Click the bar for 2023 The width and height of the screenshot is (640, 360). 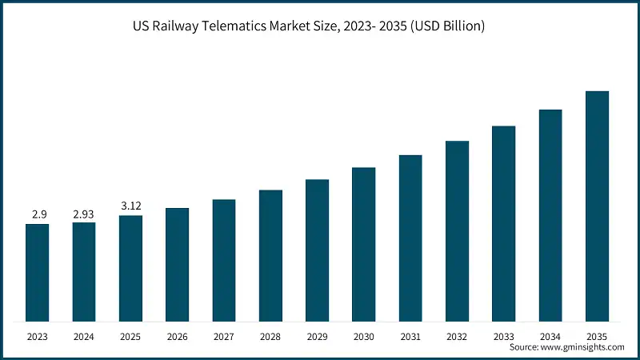(37, 273)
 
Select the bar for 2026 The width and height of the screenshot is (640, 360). (177, 265)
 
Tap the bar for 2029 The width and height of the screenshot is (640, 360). (317, 250)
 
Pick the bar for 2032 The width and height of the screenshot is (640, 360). (457, 231)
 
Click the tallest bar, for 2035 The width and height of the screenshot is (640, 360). (597, 206)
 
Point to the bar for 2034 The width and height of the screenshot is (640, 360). (550, 215)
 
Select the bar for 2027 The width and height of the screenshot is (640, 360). (224, 261)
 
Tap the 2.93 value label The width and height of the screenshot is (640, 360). (84, 214)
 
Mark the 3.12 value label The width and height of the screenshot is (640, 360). (130, 206)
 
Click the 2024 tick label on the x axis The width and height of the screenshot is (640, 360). (84, 337)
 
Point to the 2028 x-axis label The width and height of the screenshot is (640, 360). (270, 337)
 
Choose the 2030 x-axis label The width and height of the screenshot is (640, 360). (364, 337)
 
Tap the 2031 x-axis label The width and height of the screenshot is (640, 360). (410, 337)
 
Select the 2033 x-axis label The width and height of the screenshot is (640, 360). (504, 337)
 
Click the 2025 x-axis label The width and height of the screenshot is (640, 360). (130, 337)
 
